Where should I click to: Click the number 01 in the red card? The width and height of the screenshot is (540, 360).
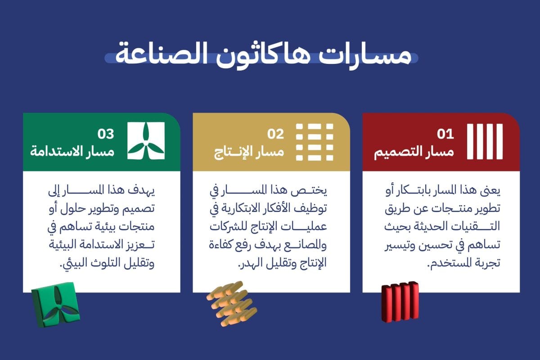(445, 134)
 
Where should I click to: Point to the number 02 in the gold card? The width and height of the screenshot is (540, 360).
(275, 134)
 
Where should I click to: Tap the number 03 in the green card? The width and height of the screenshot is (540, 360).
(106, 134)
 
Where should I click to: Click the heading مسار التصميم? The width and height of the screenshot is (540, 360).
(414, 153)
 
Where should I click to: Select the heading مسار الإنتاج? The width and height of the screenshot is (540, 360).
(249, 153)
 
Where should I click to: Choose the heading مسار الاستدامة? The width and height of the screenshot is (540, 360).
(72, 152)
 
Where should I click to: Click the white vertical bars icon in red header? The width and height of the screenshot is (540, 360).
(485, 142)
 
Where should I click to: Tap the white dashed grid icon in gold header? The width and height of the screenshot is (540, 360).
(315, 142)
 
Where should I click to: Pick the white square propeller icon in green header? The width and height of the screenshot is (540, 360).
(146, 141)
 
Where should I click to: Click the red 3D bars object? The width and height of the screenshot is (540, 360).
(400, 301)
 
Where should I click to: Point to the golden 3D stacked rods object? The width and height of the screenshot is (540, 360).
(232, 304)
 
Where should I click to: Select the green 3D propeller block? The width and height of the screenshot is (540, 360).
(56, 305)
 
